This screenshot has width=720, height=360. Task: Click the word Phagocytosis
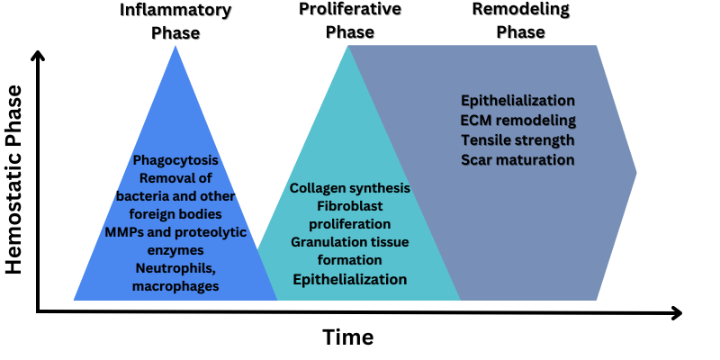coord(175,161)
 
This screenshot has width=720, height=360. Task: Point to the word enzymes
coord(175,248)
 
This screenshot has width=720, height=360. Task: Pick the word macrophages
coord(175,285)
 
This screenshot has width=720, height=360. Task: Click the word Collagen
coord(319,188)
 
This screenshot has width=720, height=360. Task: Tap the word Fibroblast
coord(349,206)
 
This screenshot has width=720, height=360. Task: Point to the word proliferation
coord(349,223)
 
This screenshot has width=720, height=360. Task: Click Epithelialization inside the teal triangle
coord(349,280)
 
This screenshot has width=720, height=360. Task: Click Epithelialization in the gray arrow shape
coord(517,100)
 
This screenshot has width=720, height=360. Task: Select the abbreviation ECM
coord(478,120)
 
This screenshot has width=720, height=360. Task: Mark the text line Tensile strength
coord(517,139)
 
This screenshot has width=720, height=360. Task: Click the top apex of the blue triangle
coord(175,46)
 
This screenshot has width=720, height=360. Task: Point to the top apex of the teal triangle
coord(348,46)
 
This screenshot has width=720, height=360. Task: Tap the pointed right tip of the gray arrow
coord(636,171)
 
